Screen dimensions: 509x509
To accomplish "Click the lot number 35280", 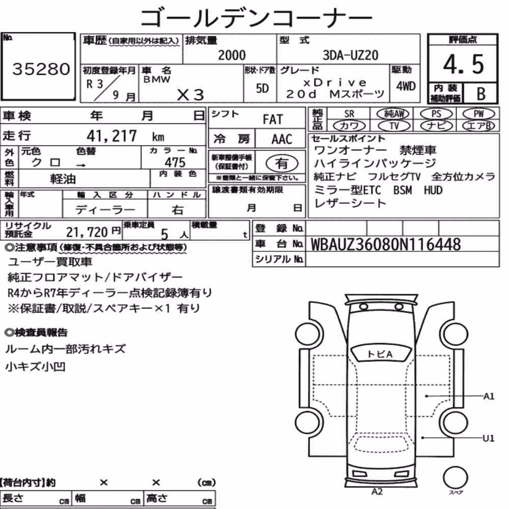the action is [x=41, y=69].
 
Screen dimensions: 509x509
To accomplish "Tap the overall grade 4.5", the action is [x=463, y=64].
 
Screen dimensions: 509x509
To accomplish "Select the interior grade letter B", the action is [x=481, y=94].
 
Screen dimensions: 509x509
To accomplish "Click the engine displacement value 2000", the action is [x=232, y=55].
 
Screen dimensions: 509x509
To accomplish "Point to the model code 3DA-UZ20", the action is [x=350, y=55].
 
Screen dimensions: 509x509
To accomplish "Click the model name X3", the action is [x=190, y=95].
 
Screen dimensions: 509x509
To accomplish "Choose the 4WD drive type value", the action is [x=406, y=86].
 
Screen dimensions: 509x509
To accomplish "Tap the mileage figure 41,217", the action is [x=111, y=136].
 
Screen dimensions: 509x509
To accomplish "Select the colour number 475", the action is [x=175, y=162].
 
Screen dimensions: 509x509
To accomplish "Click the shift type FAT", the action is [x=273, y=120].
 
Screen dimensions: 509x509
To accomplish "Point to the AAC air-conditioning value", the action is [x=281, y=139].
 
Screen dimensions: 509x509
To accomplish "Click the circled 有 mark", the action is [x=282, y=163].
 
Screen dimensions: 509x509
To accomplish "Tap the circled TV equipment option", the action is [x=394, y=126].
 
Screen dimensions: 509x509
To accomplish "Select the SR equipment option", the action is [x=349, y=114].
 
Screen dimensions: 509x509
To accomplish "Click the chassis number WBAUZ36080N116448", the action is [x=386, y=245].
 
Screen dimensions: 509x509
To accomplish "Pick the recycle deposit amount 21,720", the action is [x=87, y=233].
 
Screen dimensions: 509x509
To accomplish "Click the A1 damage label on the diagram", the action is [x=489, y=396].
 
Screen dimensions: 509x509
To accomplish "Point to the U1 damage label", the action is [x=488, y=438].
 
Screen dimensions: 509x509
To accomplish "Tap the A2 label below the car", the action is [x=377, y=492].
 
